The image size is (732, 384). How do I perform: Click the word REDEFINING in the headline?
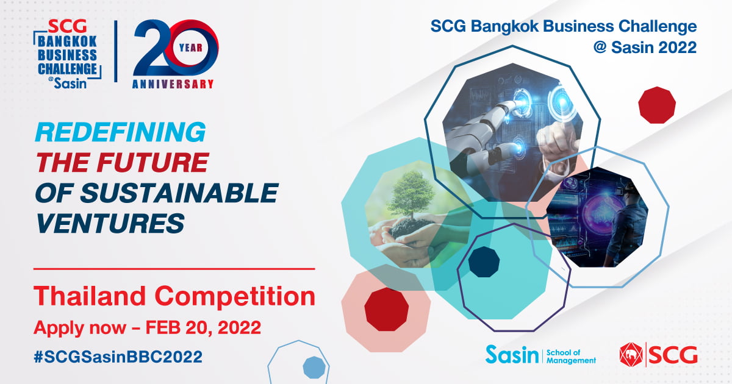(x=121, y=132)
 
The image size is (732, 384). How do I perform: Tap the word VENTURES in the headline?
(x=110, y=223)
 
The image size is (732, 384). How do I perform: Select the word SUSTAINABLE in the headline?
(x=179, y=193)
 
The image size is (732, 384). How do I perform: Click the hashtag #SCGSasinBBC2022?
(x=118, y=357)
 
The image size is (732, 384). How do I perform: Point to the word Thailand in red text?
(x=90, y=296)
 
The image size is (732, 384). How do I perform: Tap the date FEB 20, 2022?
(x=203, y=327)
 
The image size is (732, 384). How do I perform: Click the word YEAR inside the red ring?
(x=191, y=48)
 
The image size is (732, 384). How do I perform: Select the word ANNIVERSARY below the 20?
(x=173, y=84)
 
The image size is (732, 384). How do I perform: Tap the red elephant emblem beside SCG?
(x=631, y=355)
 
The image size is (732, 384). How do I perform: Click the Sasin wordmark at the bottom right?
(x=512, y=355)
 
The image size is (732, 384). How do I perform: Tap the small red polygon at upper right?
(x=657, y=105)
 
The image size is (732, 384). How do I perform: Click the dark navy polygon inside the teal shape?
(x=484, y=262)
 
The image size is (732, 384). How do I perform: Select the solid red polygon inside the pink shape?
(x=386, y=309)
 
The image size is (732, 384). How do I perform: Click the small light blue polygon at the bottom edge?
(x=314, y=368)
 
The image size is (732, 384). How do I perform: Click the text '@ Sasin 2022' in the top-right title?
(x=645, y=48)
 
